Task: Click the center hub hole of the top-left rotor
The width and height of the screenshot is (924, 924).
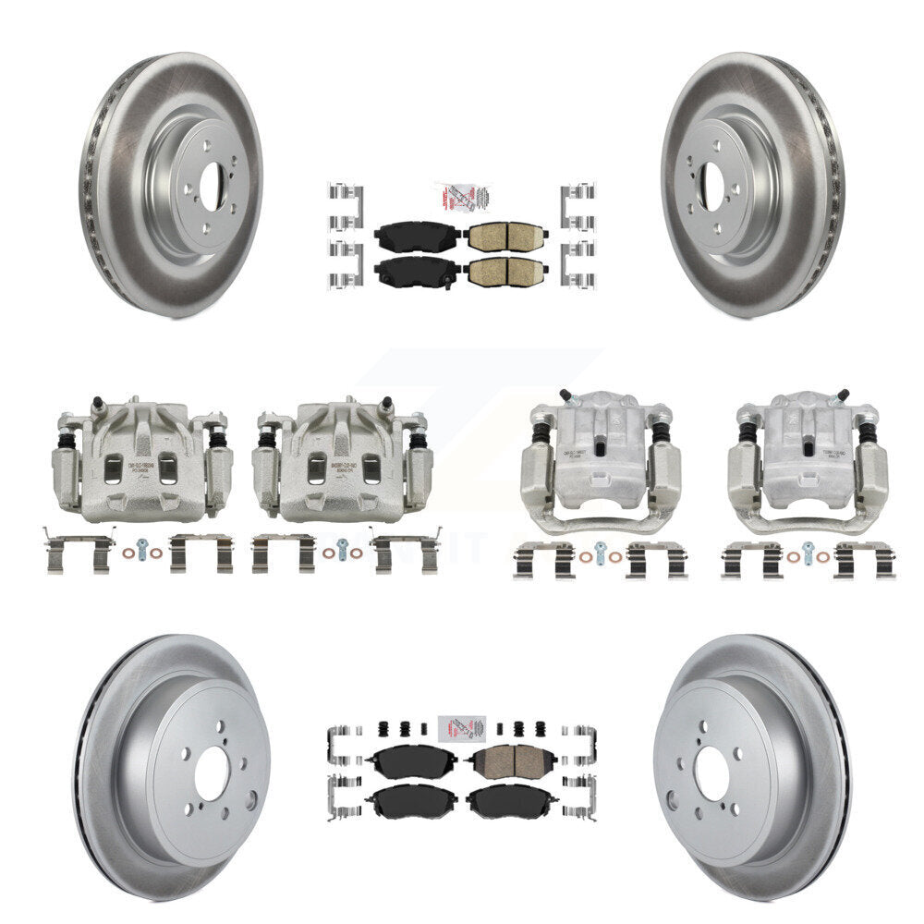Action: coord(213,181)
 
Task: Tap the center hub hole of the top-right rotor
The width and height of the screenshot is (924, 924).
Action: coord(711,181)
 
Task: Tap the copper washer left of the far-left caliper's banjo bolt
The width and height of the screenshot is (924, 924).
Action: coord(127,554)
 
